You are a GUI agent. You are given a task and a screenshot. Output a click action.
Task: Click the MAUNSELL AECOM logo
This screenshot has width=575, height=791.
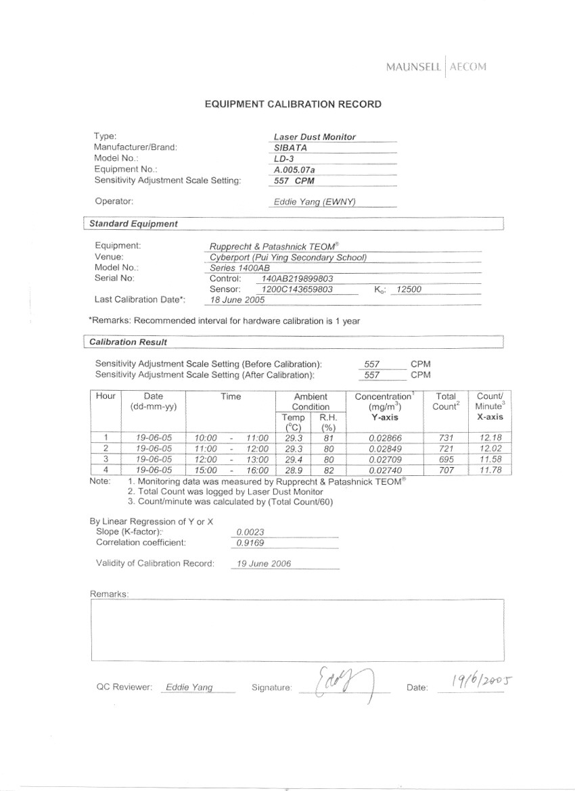point(436,66)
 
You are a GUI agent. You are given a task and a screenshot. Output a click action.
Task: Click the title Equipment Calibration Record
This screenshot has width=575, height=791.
point(293,104)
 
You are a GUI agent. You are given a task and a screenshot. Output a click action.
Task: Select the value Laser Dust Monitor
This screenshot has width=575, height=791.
point(315,137)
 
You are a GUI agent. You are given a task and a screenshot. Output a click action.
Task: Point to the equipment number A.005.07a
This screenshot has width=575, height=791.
point(298,170)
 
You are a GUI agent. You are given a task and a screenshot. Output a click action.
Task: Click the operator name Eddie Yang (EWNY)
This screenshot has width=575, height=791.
point(313,201)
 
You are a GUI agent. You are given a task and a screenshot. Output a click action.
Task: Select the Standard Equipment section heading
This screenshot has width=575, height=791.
point(134,224)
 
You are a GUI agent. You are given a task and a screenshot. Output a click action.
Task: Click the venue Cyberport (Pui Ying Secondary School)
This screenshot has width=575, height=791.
point(288,257)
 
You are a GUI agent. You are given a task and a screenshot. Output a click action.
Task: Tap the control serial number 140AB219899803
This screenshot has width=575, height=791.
point(297,279)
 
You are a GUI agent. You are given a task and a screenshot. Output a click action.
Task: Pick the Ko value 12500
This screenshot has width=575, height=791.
point(409,289)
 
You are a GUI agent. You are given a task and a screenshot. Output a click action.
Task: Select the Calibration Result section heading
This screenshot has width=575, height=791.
point(128,342)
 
